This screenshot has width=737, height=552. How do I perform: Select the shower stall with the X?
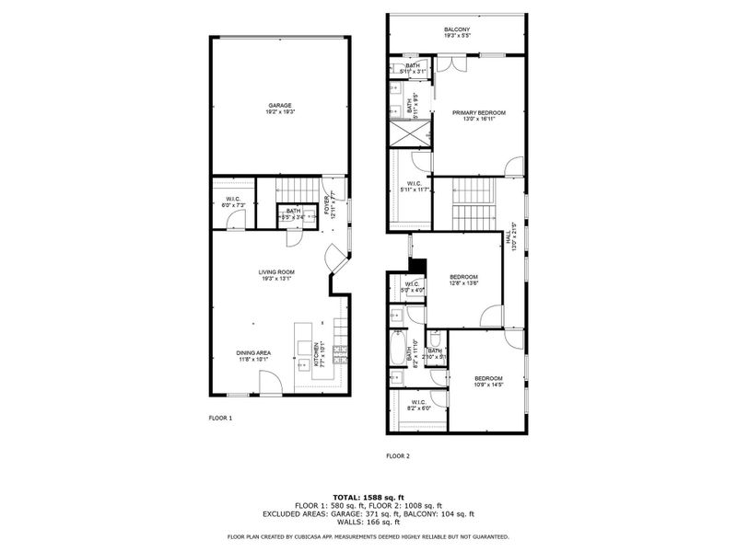coord(409,132)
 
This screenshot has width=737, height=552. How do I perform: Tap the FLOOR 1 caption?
coord(220,419)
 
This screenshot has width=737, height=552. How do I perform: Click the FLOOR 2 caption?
coord(397,455)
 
